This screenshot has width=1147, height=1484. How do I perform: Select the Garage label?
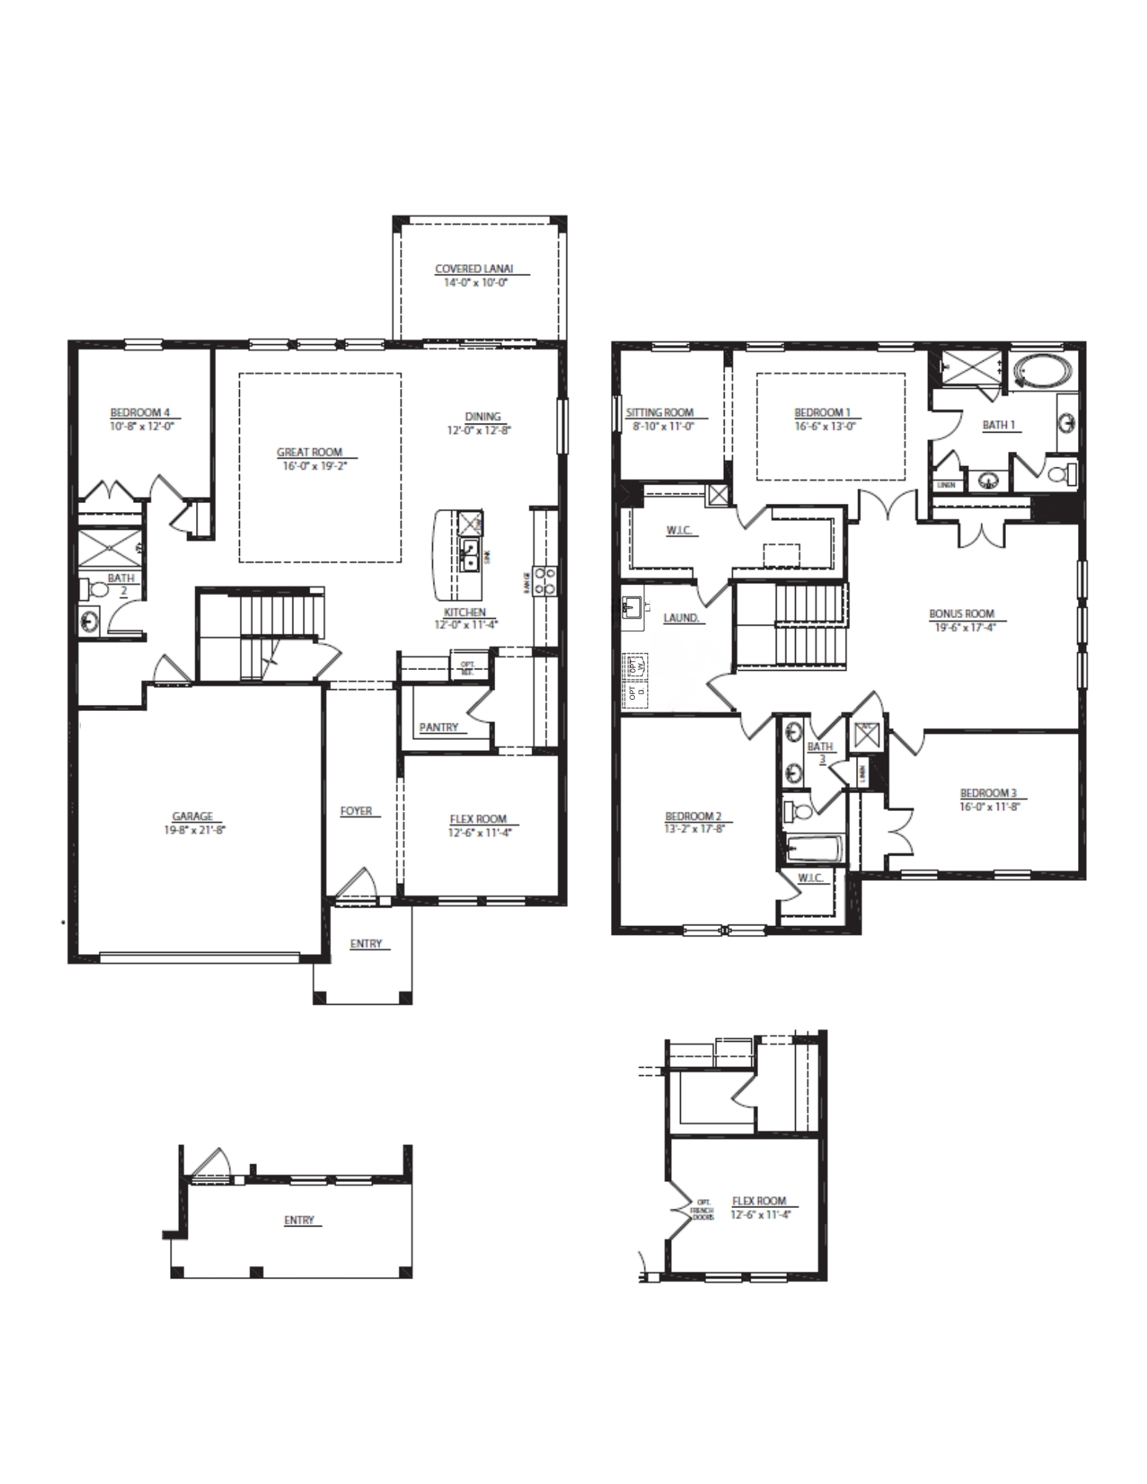click(x=193, y=816)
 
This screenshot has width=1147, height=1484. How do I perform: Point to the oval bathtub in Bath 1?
click(x=1043, y=370)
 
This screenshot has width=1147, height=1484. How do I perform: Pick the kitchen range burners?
click(x=546, y=581)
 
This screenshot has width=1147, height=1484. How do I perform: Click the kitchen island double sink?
click(x=470, y=554)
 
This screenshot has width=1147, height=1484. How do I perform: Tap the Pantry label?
click(x=439, y=727)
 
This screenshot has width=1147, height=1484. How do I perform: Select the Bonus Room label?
click(x=961, y=614)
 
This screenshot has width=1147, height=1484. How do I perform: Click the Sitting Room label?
click(x=659, y=413)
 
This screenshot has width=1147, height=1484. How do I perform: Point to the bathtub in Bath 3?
click(x=814, y=847)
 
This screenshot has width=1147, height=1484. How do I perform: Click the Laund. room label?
click(x=682, y=617)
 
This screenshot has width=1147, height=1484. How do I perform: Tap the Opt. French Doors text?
click(x=703, y=1210)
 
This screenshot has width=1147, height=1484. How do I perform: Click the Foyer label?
click(x=356, y=811)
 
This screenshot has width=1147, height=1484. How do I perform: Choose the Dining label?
click(x=483, y=416)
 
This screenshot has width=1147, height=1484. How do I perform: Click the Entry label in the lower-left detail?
click(x=299, y=1220)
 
